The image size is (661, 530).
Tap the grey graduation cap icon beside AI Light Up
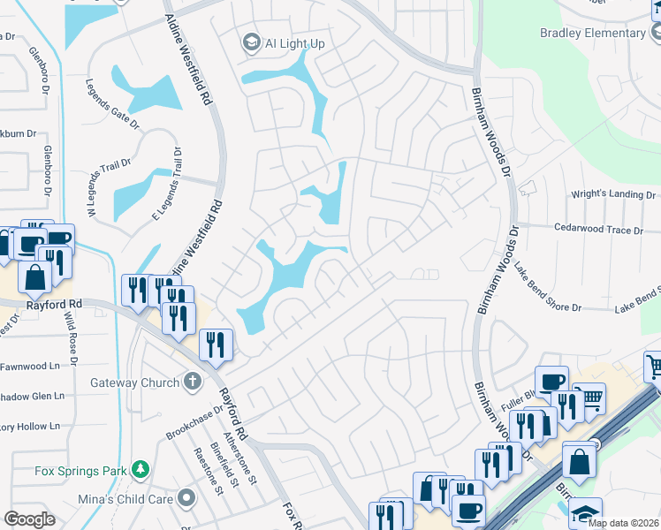point(252,42)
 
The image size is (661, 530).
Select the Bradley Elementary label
point(593,33)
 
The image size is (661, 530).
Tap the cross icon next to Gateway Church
point(190,382)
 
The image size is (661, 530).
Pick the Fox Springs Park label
point(80,470)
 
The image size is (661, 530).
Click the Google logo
point(30,519)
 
